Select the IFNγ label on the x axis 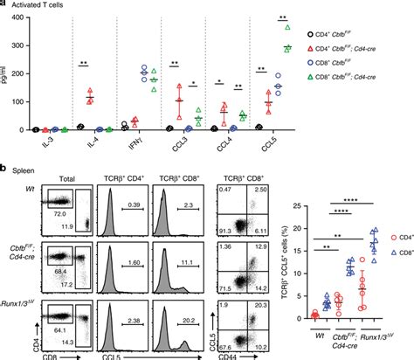(128, 140)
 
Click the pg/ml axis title (6, 77)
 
